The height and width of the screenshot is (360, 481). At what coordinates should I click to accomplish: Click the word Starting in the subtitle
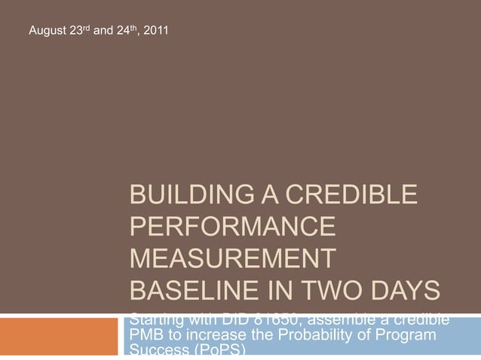point(156,319)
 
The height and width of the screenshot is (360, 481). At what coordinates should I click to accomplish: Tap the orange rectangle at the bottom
point(60,336)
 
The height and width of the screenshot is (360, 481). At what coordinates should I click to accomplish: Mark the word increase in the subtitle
point(221,334)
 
